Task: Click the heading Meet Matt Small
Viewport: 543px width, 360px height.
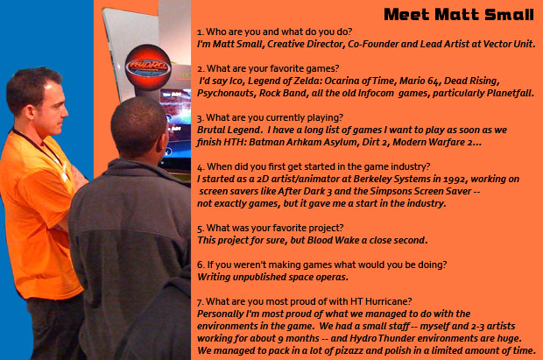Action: pyautogui.click(x=459, y=15)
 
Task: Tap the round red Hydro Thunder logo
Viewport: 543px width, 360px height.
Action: pyautogui.click(x=148, y=67)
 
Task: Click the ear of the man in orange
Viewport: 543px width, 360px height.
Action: pyautogui.click(x=29, y=112)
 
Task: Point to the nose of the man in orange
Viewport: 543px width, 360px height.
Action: pyautogui.click(x=65, y=111)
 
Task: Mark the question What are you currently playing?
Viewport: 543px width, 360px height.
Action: pyautogui.click(x=270, y=117)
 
